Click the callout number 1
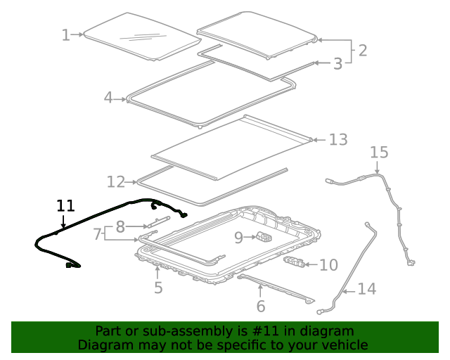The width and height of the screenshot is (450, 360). pyautogui.click(x=65, y=35)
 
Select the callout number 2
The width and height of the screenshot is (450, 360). pyautogui.click(x=362, y=50)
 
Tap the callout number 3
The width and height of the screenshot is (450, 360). pyautogui.click(x=337, y=64)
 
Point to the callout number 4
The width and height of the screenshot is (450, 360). pyautogui.click(x=108, y=98)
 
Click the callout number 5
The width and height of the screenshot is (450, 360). pyautogui.click(x=158, y=287)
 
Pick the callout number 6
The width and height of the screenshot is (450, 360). pyautogui.click(x=260, y=306)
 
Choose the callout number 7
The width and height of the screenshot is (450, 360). pyautogui.click(x=98, y=234)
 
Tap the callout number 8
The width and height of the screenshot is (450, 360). pyautogui.click(x=120, y=226)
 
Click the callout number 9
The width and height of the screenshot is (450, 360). pyautogui.click(x=238, y=238)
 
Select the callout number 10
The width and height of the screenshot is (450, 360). pyautogui.click(x=328, y=265)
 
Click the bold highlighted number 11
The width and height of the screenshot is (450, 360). pyautogui.click(x=65, y=206)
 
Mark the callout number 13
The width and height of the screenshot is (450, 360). pyautogui.click(x=338, y=140)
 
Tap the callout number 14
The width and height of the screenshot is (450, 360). pyautogui.click(x=366, y=288)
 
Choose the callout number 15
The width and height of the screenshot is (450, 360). pyautogui.click(x=379, y=153)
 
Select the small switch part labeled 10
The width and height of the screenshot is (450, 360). pyautogui.click(x=295, y=263)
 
